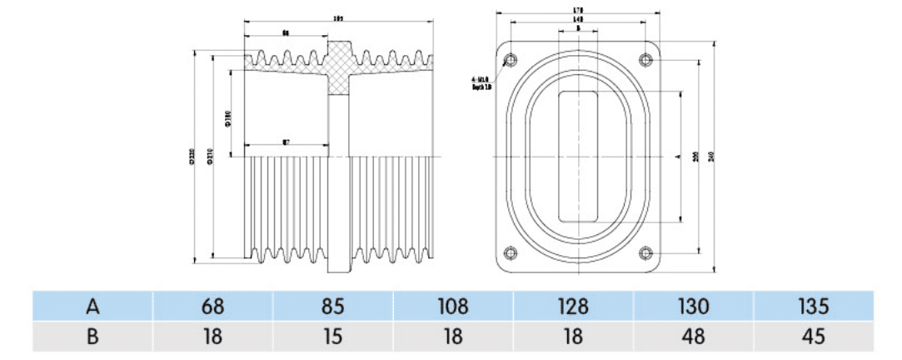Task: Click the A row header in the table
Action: click(x=92, y=306)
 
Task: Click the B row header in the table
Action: click(x=92, y=337)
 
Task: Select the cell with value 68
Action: click(x=213, y=306)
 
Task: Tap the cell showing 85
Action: click(x=333, y=306)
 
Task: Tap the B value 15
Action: click(x=333, y=337)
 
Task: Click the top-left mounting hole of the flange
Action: click(x=510, y=58)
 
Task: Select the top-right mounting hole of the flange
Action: click(x=646, y=58)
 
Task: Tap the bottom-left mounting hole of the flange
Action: click(x=510, y=253)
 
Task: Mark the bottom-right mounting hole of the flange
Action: click(x=646, y=253)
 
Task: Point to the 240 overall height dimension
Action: click(x=710, y=157)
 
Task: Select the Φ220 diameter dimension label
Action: click(x=193, y=157)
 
